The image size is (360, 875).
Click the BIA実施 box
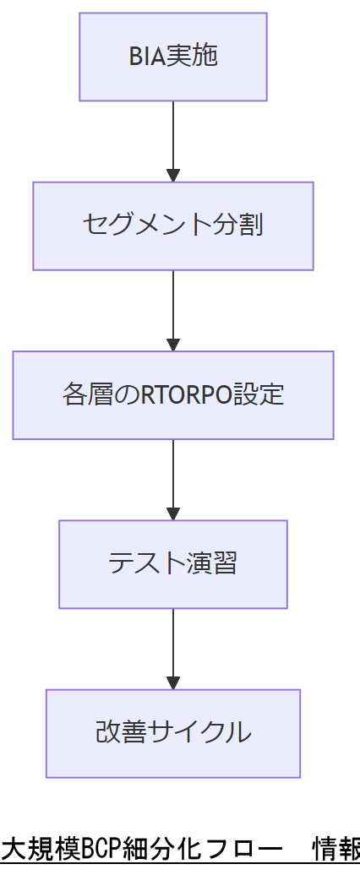(173, 57)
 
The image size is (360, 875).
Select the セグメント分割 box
(173, 226)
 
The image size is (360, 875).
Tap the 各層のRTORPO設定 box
(173, 394)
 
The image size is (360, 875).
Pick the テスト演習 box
(173, 563)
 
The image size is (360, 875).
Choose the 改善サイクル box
(173, 732)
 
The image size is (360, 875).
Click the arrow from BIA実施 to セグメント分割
(173, 139)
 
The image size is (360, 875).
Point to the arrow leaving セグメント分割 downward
(173, 308)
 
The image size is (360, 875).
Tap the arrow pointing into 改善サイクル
(173, 647)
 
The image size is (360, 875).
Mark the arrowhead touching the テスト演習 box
(173, 514)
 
